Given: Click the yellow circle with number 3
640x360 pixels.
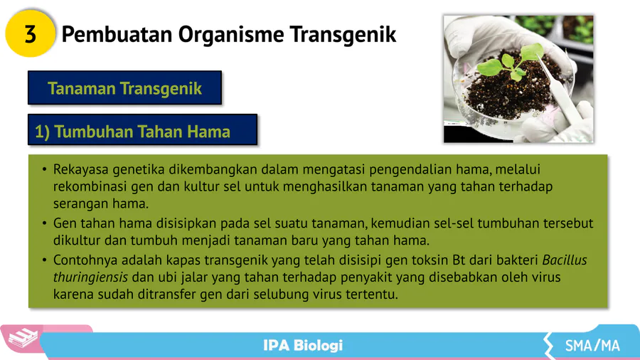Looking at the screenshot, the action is pyautogui.click(x=30, y=33).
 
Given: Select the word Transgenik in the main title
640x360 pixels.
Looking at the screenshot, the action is pyautogui.click(x=343, y=35).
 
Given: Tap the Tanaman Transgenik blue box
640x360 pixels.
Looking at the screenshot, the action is pyautogui.click(x=125, y=88).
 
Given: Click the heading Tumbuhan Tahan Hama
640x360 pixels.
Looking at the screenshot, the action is pyautogui.click(x=142, y=132).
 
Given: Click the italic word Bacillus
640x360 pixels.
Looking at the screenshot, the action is pyautogui.click(x=565, y=260).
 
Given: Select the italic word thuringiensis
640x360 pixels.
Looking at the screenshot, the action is pyautogui.click(x=90, y=277).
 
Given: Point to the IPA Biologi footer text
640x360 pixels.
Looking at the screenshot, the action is pyautogui.click(x=303, y=346).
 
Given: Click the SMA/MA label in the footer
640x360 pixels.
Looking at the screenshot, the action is pyautogui.click(x=592, y=346).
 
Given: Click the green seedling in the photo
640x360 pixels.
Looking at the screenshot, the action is pyautogui.click(x=511, y=63).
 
